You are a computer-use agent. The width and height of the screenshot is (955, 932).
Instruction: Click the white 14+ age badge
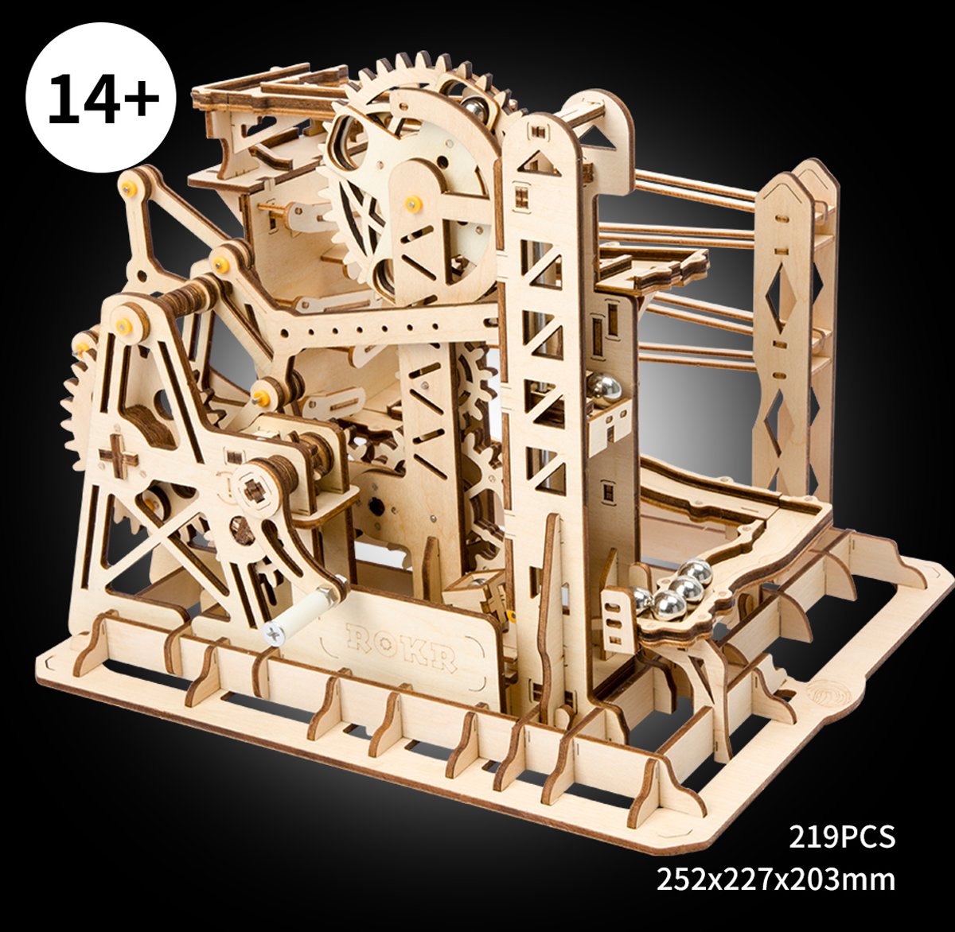[x=101, y=99]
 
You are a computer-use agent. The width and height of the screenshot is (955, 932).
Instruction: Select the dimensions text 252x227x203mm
[x=776, y=880]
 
